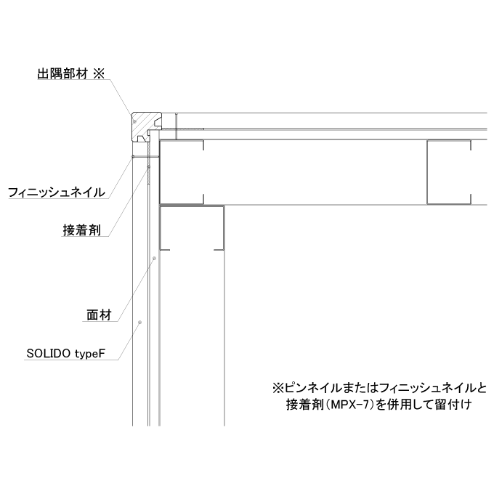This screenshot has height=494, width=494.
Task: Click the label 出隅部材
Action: [62, 73]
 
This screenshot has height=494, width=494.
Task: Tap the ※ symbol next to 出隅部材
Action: [99, 73]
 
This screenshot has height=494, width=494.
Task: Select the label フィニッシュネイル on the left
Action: [57, 192]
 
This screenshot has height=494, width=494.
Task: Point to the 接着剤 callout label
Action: [81, 230]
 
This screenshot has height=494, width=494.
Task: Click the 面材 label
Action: [100, 315]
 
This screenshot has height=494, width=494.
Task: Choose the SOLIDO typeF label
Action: [65, 354]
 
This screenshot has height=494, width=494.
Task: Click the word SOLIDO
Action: [48, 353]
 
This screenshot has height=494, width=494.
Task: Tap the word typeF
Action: [90, 354]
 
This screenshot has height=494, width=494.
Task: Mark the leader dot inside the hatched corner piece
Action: [135, 121]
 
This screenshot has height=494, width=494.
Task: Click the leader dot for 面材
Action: [154, 259]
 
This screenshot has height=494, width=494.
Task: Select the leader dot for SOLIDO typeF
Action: [140, 322]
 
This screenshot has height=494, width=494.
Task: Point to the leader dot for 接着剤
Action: [149, 166]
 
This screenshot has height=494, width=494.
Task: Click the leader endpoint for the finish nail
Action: [133, 156]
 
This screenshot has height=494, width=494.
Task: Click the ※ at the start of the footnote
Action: [278, 388]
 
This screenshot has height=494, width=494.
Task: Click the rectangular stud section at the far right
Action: [449, 172]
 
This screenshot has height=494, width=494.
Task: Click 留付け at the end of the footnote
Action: [453, 404]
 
